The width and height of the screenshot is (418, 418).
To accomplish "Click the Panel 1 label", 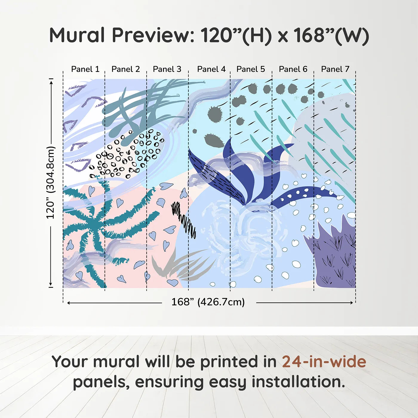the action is point(85,69).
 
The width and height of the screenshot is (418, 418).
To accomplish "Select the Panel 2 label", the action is point(126,69).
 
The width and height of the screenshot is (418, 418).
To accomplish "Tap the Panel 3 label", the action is point(167,69).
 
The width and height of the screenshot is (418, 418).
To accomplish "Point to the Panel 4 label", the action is point(211,69).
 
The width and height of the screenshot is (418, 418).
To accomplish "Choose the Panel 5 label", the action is point(251,69).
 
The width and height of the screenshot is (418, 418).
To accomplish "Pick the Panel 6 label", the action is point(293,69).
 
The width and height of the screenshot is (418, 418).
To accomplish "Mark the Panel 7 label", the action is point(335,69).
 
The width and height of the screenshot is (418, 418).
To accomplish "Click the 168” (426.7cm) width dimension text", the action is point(208,302).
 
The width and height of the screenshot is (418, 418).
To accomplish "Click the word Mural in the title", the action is point(77,35).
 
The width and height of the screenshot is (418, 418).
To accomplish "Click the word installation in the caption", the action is point(298,382).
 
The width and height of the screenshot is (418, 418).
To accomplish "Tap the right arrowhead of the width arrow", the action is point(352,303).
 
